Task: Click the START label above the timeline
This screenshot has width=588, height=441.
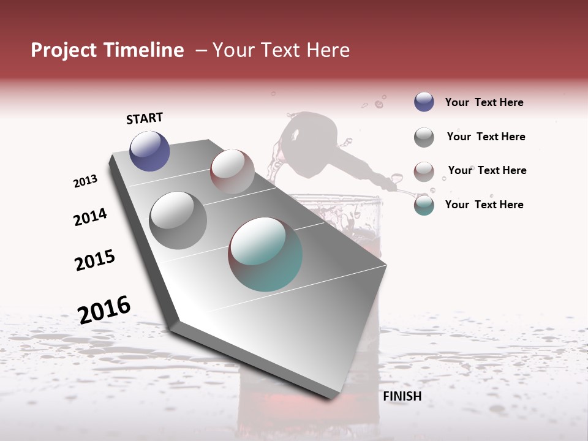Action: [145, 118]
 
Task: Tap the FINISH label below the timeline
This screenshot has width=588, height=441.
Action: [402, 396]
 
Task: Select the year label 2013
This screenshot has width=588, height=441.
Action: [85, 181]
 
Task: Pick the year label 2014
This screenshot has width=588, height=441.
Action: [90, 217]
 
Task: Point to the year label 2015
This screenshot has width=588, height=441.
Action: [95, 260]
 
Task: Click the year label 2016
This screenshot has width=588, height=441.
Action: [104, 309]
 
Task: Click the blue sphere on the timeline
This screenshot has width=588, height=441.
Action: [149, 151]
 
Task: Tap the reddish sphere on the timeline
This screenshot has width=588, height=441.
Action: [232, 171]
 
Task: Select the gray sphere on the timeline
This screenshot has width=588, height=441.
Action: [178, 221]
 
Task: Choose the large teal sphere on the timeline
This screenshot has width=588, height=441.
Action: [265, 254]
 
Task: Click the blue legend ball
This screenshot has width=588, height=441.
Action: [424, 102]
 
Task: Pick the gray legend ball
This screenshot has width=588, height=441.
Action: [424, 137]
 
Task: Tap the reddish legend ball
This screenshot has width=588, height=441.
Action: [424, 171]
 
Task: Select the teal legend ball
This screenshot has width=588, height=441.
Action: [424, 205]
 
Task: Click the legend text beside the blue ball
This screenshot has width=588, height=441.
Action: [484, 102]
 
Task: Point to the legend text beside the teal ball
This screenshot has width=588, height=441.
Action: [484, 205]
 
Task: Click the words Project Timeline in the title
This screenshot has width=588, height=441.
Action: [107, 50]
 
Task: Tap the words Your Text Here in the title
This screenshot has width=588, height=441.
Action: [281, 50]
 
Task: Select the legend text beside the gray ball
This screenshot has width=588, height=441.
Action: [486, 137]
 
